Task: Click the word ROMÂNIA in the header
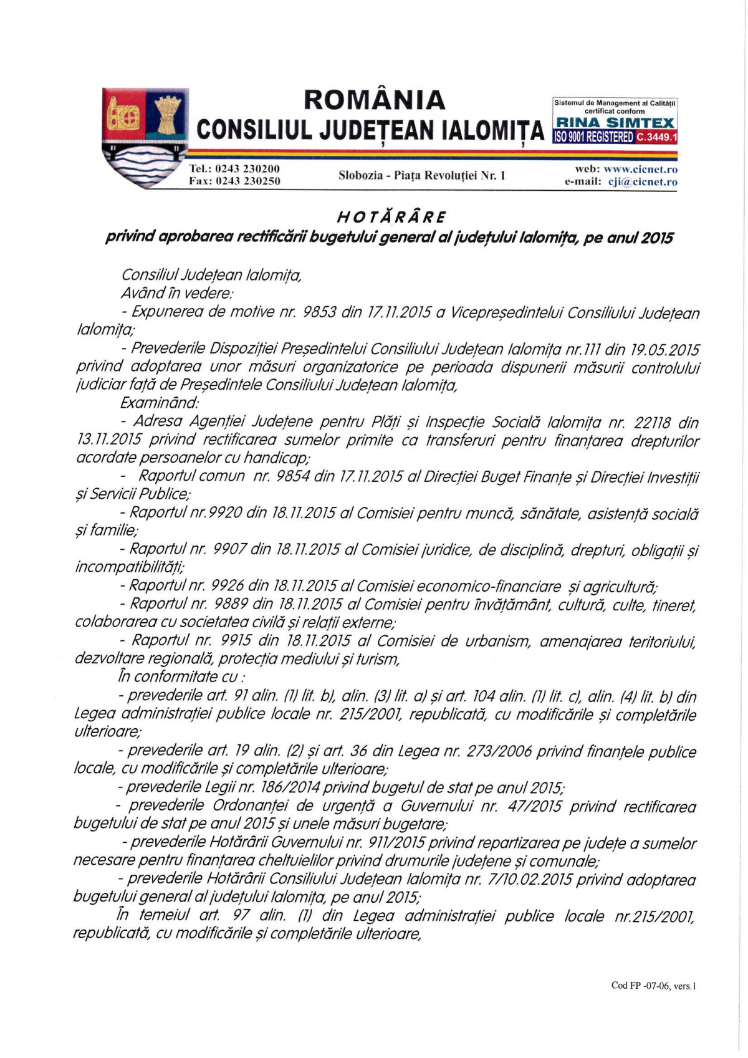374,100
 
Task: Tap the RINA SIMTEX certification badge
615,122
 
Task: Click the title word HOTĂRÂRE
391,218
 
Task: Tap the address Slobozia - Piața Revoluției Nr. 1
422,176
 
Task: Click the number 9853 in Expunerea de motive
319,312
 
